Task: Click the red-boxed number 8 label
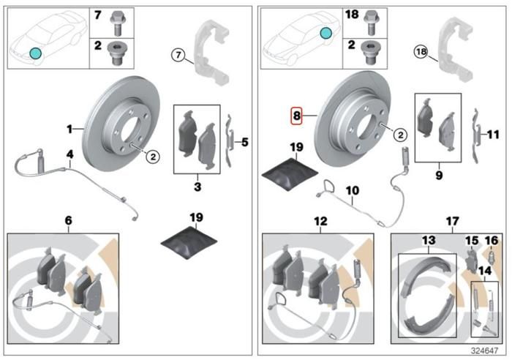pos(296,116)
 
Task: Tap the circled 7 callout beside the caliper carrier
pos(178,55)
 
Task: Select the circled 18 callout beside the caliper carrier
pos(421,52)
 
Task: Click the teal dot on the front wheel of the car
pos(35,53)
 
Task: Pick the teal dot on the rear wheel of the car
pos(325,33)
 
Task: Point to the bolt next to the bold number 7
pos(116,23)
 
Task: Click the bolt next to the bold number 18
pos(370,22)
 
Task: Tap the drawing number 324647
pos(484,350)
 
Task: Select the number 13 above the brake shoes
pos(429,241)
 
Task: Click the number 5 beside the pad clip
pos(245,143)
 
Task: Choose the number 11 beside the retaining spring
pos(493,134)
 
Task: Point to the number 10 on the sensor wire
pos(353,190)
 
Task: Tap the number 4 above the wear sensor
pos(70,154)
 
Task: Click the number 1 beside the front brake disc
pos(69,130)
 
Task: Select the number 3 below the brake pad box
pos(197,187)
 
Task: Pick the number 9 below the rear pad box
pos(439,176)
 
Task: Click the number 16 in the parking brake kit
pos(492,241)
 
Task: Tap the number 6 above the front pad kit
pos(68,220)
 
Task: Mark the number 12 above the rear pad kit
pos(320,221)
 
